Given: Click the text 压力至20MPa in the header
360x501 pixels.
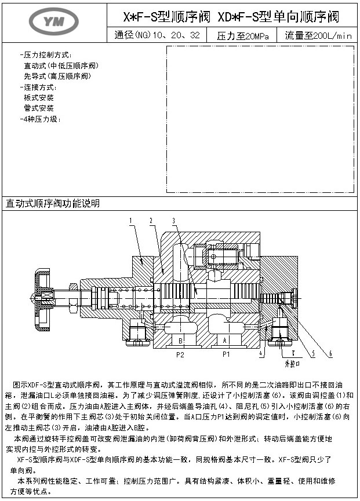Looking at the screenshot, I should coord(243,36).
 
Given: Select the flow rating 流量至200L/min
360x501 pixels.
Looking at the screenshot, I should coord(318,36).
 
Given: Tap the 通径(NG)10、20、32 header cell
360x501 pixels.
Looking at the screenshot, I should coord(158,36).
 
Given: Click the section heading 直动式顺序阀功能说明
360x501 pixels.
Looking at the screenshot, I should coord(53,203).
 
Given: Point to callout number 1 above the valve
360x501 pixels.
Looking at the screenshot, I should coord(131,220).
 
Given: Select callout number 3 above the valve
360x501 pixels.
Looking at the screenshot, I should coord(173,220).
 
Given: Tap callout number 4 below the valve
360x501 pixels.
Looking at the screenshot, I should coord(261,353).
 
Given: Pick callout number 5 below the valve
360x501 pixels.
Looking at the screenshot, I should coord(312,353).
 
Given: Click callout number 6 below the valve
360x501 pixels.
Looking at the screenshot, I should coord(329,353).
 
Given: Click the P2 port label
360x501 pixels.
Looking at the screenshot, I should coord(180,353).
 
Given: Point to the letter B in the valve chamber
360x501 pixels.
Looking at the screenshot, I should coord(180,340).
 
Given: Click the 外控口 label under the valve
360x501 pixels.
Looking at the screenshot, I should coord(293,365).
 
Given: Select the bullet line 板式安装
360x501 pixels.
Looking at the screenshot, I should coord(39,97).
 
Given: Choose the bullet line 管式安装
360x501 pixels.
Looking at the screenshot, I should coord(39,108).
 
